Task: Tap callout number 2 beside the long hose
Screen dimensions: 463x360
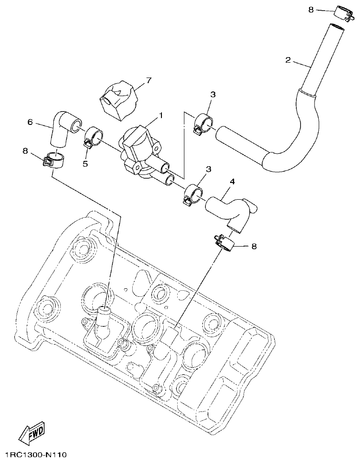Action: tap(288, 60)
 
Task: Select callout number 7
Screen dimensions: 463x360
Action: tap(149, 80)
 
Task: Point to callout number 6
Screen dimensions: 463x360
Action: tap(30, 122)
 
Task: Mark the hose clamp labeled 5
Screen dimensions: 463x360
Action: tap(95, 137)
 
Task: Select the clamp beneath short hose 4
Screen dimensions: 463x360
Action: tap(225, 242)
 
